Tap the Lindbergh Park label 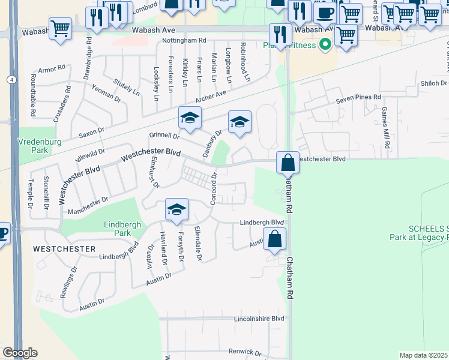pos(122,229)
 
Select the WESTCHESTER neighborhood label pos(64,248)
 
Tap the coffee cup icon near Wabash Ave pos(325,13)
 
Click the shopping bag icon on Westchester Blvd pos(288,161)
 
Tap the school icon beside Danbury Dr pos(240,122)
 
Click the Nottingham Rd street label pos(186,40)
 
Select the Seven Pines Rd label pos(358,97)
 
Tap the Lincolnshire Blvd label pos(259,319)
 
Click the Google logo pos(20,353)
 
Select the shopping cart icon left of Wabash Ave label pos(60,28)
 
